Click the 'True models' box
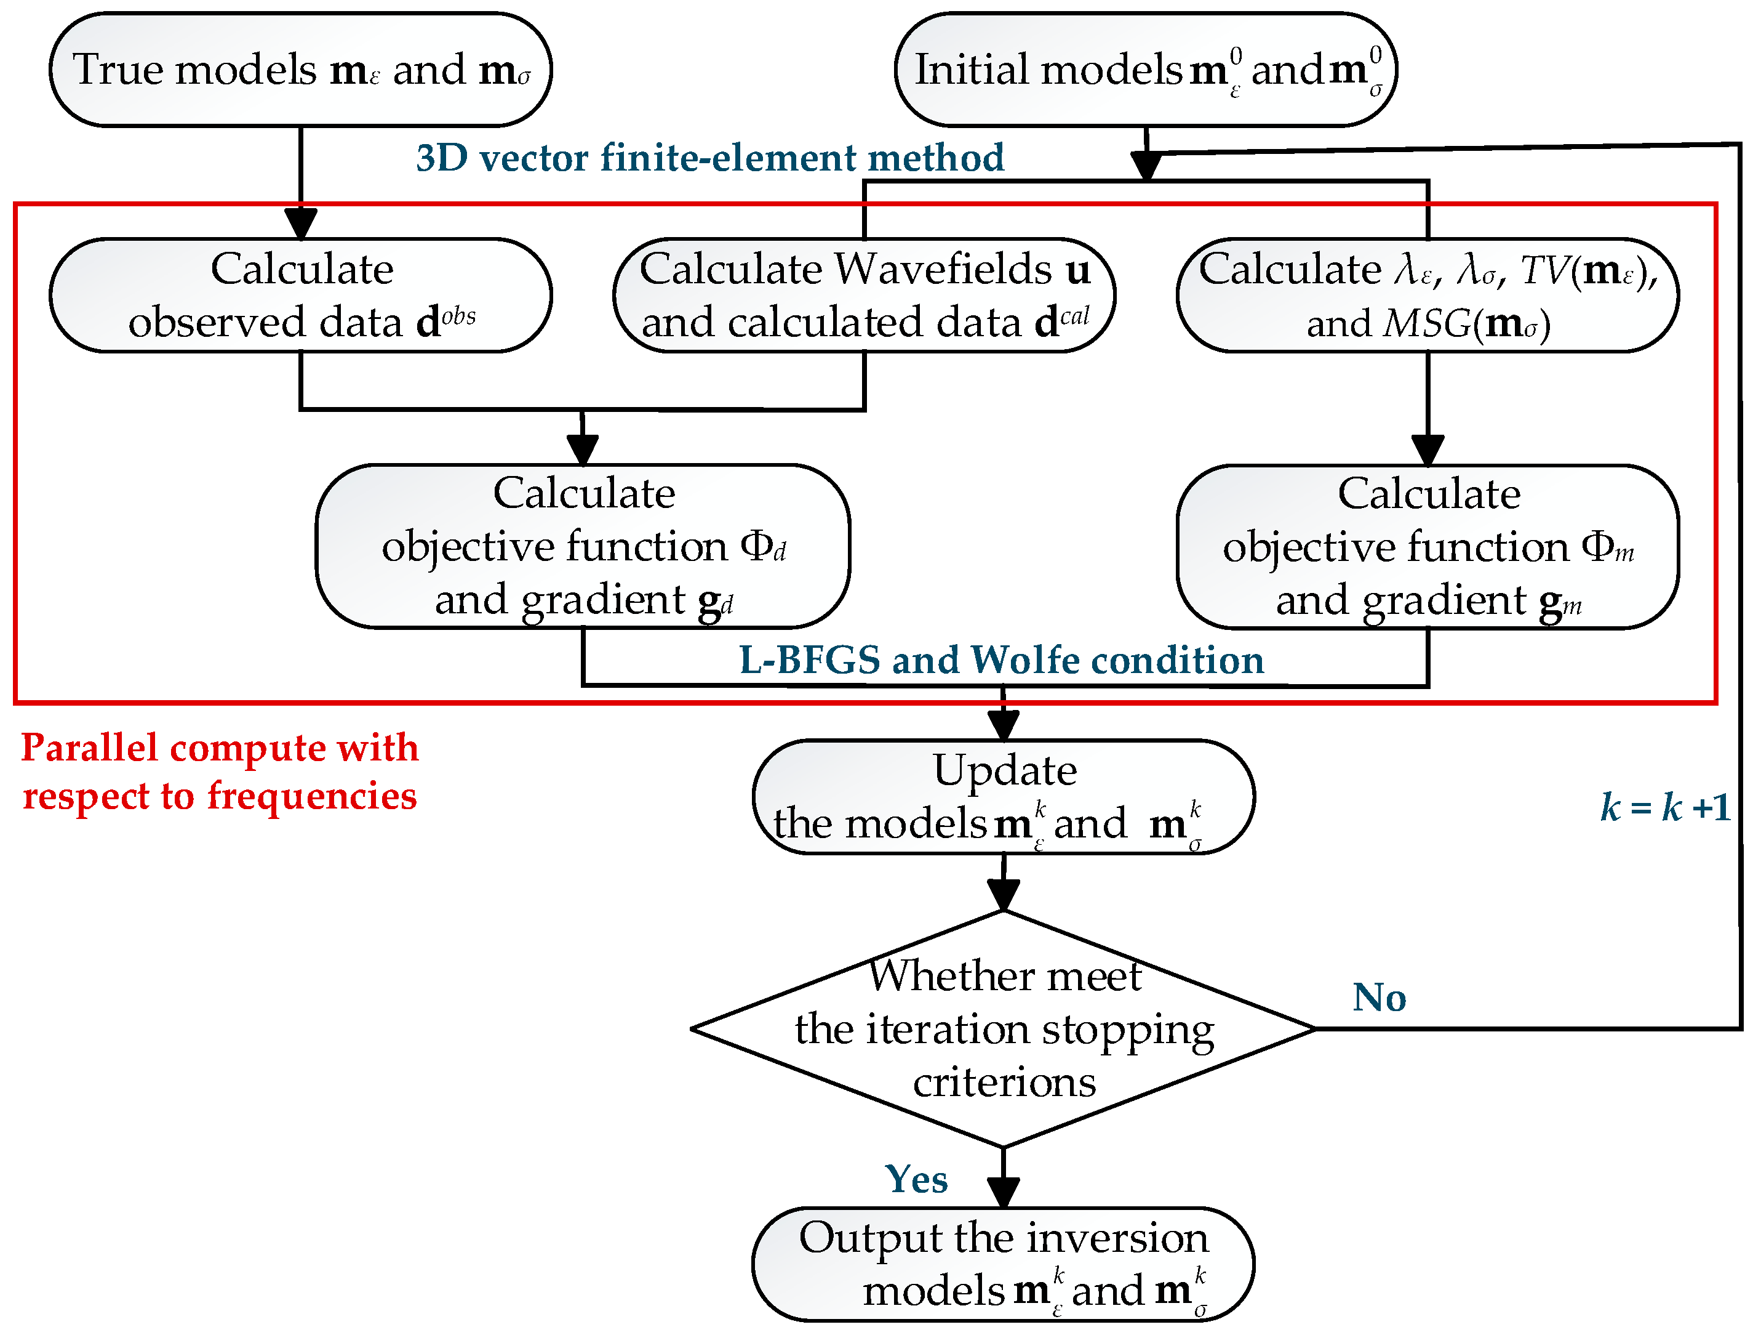[x=300, y=70]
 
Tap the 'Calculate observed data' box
[x=300, y=296]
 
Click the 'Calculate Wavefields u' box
[x=864, y=296]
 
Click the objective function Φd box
[x=583, y=546]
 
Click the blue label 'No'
[x=1379, y=998]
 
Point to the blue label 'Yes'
[x=916, y=1179]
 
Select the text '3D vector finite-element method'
[x=709, y=158]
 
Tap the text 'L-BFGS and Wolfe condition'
[x=1002, y=660]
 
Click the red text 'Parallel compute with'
[x=220, y=748]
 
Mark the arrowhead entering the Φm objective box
[x=1428, y=450]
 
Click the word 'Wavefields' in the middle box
[x=943, y=269]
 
